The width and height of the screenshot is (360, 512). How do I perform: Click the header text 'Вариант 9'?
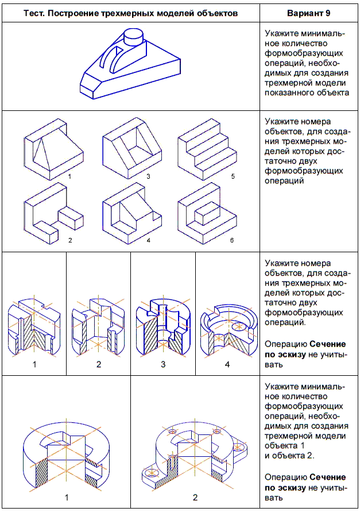click(309, 11)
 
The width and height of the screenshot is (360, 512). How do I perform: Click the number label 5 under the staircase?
click(233, 177)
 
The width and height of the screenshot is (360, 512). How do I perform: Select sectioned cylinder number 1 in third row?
click(34, 328)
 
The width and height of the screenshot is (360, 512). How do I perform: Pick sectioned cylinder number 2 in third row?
click(99, 328)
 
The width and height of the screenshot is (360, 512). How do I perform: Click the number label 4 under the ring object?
click(227, 364)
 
